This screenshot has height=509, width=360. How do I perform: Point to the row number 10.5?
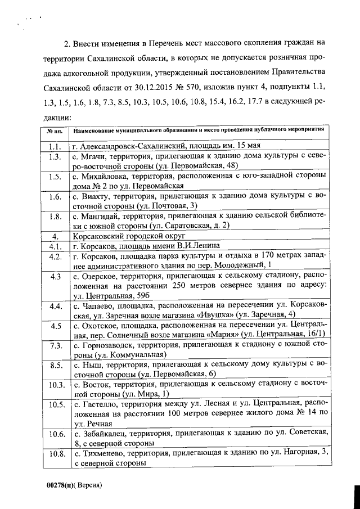56,404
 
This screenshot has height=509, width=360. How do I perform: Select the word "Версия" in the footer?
90,484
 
